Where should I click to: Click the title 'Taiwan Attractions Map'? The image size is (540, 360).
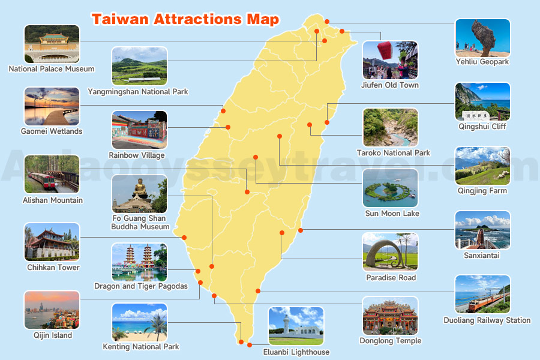point(185,19)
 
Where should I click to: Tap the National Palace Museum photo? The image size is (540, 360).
point(52,44)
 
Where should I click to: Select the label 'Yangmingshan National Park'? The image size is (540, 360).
point(138,92)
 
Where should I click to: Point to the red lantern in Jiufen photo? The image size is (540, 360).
point(386,50)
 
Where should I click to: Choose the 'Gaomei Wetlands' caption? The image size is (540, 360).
point(52,131)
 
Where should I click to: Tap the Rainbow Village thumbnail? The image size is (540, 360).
point(139,130)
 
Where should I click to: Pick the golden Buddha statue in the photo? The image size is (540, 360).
point(140,188)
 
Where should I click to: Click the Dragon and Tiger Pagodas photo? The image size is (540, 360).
point(139,262)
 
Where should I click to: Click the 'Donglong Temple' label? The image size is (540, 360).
point(391,341)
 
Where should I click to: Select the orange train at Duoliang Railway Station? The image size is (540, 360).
point(484,301)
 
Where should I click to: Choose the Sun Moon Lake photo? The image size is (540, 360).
point(391,188)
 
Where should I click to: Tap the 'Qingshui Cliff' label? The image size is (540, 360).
point(482,127)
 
